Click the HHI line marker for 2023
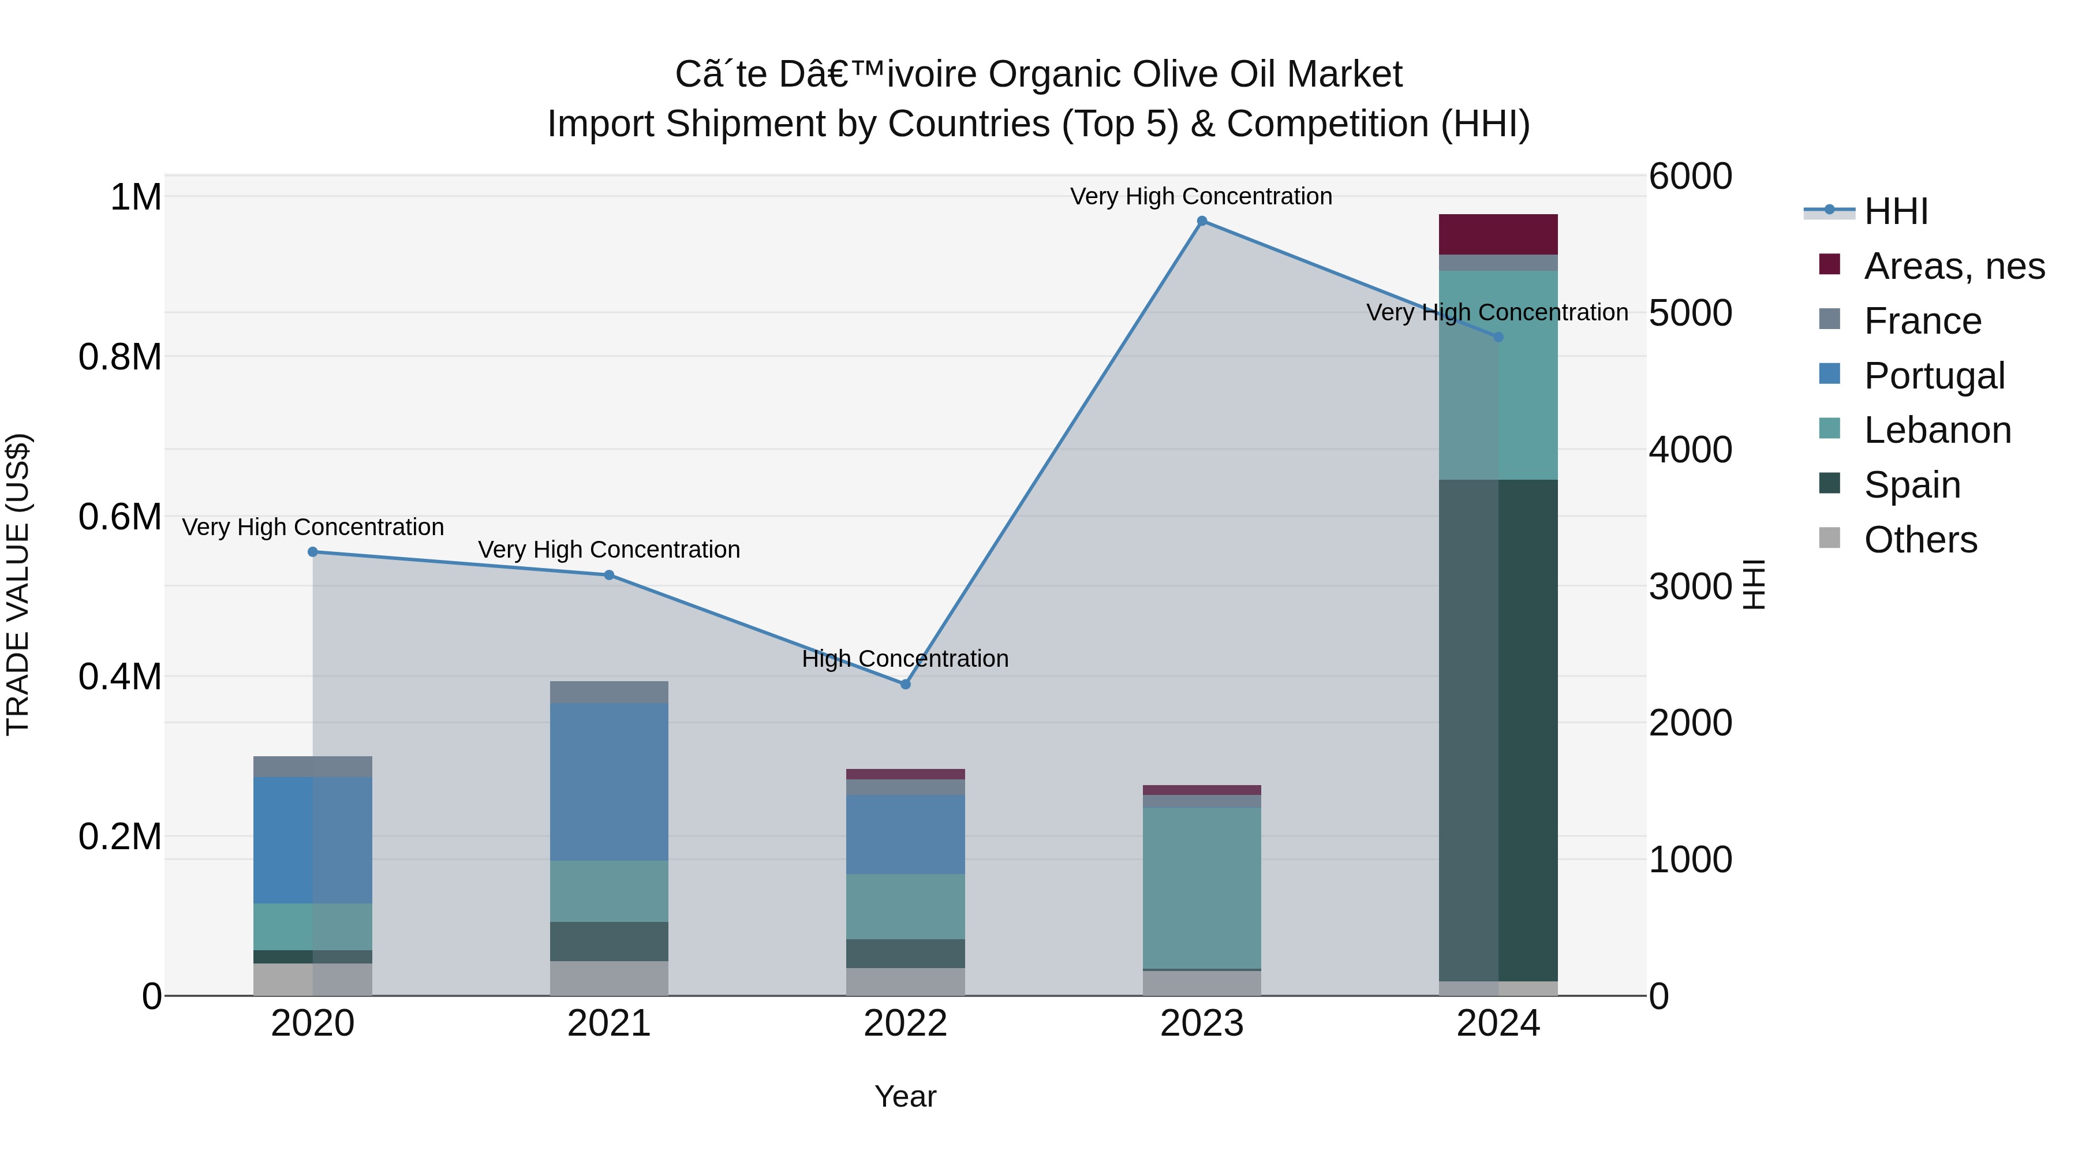click(1202, 221)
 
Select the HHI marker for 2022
click(905, 684)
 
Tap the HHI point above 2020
click(313, 552)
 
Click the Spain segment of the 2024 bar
click(1498, 730)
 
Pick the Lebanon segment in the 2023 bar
click(1202, 887)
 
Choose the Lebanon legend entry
click(1936, 430)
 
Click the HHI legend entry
click(1896, 211)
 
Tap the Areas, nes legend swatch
click(1830, 264)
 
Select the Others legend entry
click(1920, 540)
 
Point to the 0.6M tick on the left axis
click(119, 516)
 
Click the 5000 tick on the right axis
click(1690, 313)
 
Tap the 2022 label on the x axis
click(905, 1024)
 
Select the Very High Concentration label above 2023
click(1201, 196)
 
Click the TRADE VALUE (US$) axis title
click(18, 584)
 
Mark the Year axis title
click(905, 1096)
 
